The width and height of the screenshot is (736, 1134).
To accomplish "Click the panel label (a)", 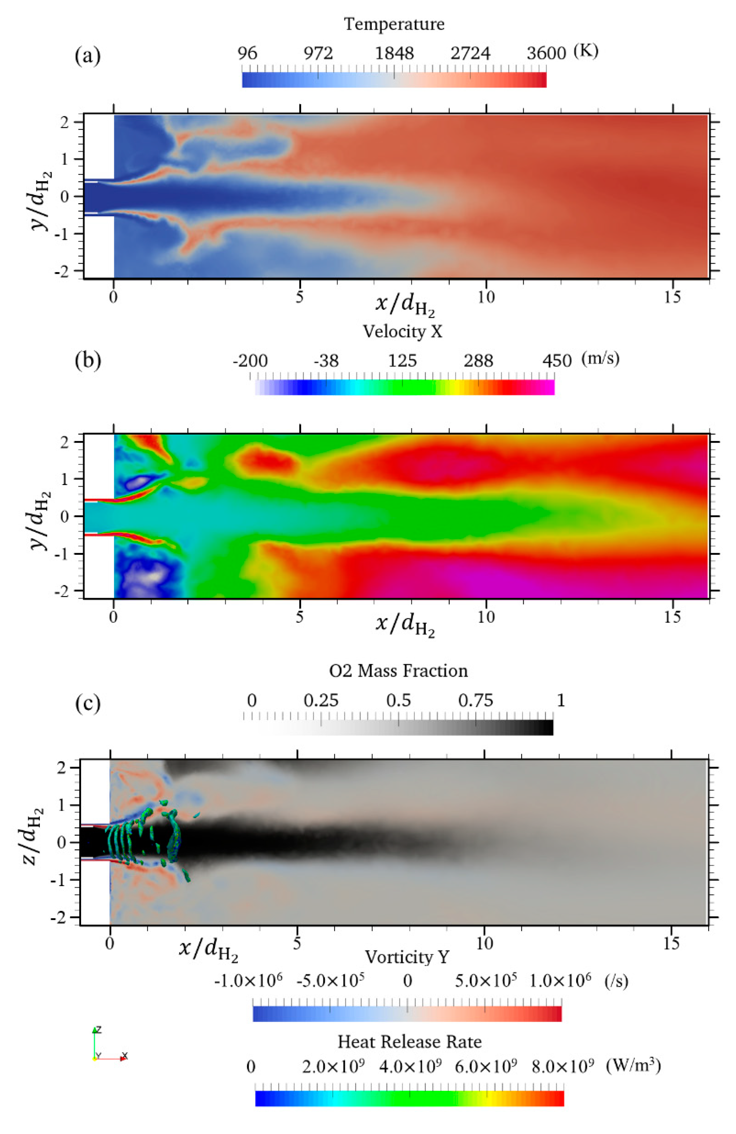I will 88,56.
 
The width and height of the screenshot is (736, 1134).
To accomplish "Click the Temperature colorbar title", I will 394,24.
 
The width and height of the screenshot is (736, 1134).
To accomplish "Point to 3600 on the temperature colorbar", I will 546,53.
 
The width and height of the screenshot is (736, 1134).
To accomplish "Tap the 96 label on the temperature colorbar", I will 247,53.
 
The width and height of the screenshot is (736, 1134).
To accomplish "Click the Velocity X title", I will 403,331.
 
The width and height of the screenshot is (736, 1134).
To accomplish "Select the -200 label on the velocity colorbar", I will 250,361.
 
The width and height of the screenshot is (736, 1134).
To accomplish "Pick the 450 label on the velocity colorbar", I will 556,361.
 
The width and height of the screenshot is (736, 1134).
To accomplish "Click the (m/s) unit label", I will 600,358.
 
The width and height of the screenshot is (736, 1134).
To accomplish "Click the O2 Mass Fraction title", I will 398,671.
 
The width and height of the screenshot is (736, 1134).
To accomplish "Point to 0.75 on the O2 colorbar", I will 475,700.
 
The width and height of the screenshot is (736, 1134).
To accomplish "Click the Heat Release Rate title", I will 409,1041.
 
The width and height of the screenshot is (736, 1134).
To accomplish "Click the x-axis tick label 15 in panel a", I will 672,297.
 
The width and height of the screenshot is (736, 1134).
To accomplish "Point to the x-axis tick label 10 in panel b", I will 486,617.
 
